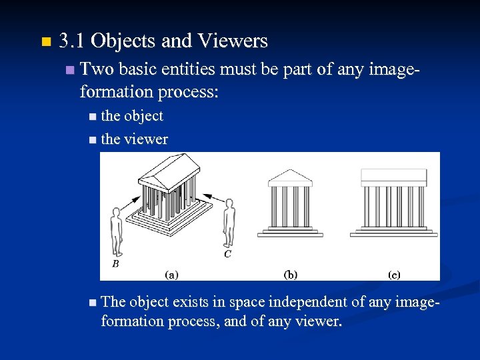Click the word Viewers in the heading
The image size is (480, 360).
click(x=232, y=41)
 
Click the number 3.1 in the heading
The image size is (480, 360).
click(x=71, y=41)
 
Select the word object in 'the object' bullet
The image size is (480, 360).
click(x=143, y=116)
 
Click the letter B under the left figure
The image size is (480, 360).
click(x=115, y=264)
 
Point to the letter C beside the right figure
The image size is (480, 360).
click(x=227, y=254)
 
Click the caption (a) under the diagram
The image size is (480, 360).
click(x=171, y=273)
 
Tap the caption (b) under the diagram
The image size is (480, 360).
click(x=291, y=273)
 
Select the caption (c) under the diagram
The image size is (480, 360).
click(x=393, y=273)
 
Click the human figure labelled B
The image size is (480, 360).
click(x=117, y=231)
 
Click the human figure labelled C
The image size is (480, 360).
click(x=229, y=223)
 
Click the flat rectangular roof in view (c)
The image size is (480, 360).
click(x=393, y=177)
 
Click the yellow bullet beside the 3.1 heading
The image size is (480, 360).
click(x=45, y=43)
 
